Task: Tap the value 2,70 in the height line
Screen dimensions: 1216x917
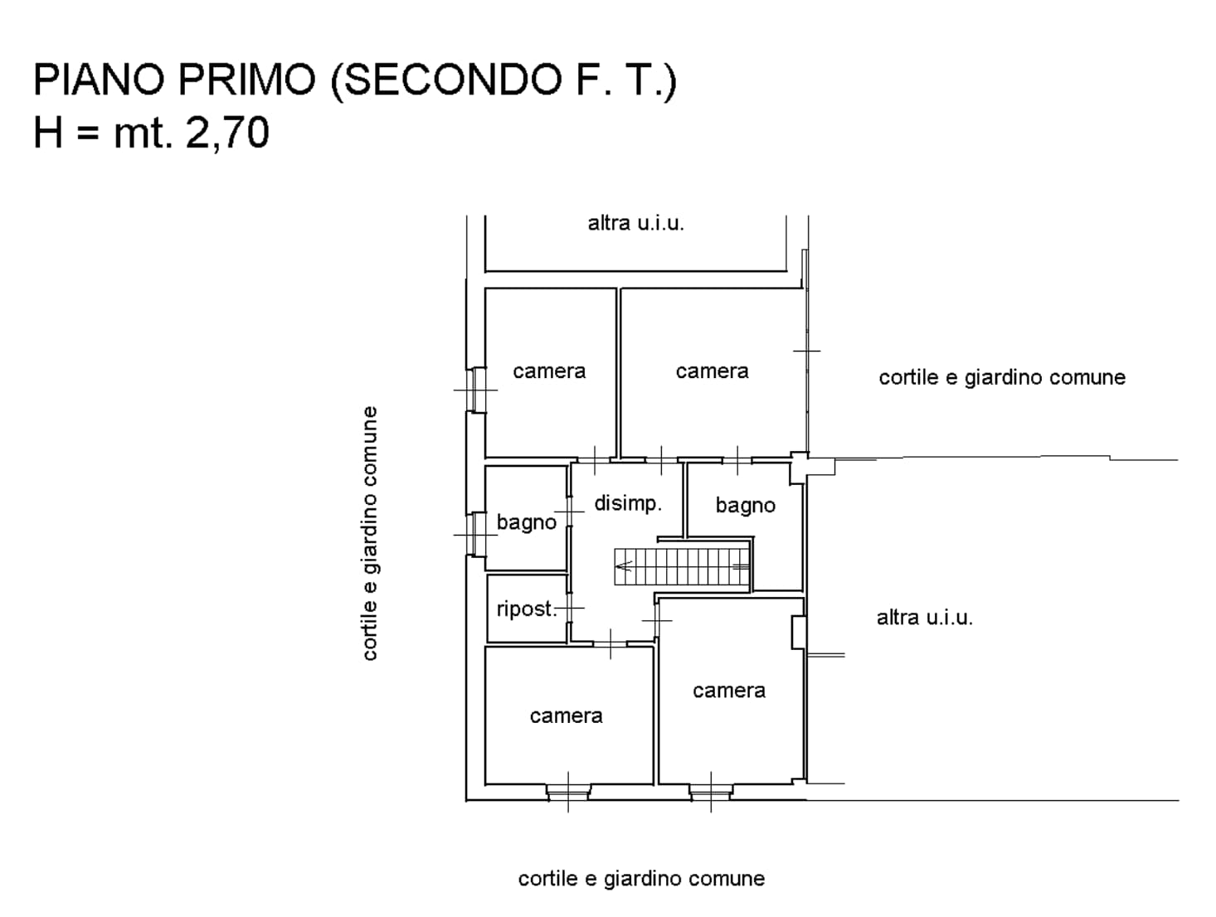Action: [x=227, y=133]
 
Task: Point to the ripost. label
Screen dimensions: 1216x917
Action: [x=526, y=609]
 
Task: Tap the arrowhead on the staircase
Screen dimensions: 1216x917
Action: [x=624, y=566]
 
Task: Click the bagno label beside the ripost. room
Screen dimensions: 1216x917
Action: [x=526, y=522]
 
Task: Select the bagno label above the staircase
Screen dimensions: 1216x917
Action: [x=745, y=506]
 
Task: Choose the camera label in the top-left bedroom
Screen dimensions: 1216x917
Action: [x=549, y=371]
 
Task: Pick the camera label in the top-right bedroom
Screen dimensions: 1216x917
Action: [x=712, y=371]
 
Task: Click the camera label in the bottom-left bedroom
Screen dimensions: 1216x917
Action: [x=567, y=716]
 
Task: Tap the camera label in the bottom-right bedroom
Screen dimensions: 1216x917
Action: [x=729, y=691]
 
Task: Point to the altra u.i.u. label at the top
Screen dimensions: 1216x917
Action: [x=636, y=223]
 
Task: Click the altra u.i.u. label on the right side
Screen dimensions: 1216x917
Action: [x=925, y=618]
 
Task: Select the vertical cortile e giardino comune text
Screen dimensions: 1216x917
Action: [x=369, y=533]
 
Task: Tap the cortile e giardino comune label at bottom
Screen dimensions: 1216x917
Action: [x=641, y=879]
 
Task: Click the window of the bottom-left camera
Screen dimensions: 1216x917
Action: [x=568, y=792]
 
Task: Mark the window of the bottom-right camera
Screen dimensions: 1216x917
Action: [x=711, y=792]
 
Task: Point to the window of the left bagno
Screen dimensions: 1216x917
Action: [x=476, y=534]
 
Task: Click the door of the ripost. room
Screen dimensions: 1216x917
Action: [x=570, y=608]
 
